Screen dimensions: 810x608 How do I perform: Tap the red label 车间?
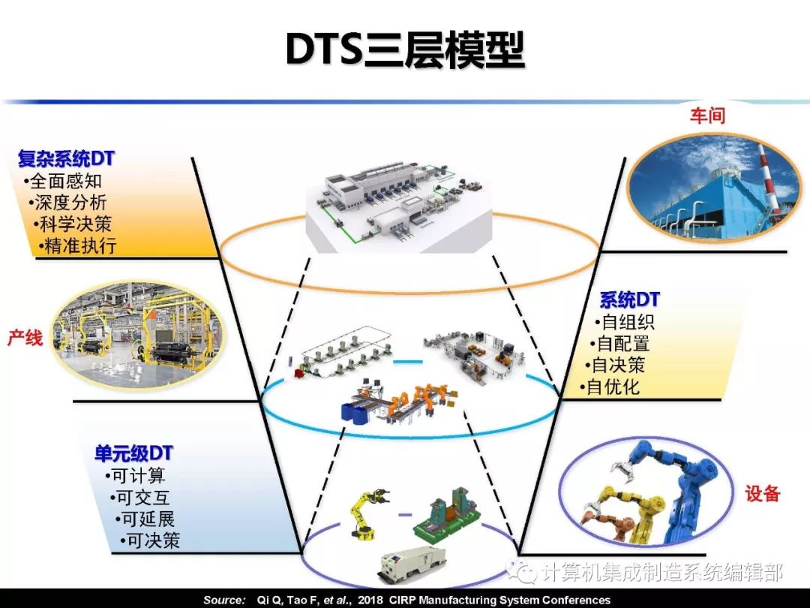point(707,116)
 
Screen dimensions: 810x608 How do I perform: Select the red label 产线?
point(25,339)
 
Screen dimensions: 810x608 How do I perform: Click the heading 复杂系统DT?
point(66,159)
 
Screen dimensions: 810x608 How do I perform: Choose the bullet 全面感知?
point(63,181)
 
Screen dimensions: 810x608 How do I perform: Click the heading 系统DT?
point(629,300)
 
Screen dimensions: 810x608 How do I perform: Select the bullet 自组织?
point(625,323)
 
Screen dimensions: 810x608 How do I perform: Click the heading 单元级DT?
point(133,453)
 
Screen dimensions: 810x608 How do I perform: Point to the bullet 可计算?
point(136,476)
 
